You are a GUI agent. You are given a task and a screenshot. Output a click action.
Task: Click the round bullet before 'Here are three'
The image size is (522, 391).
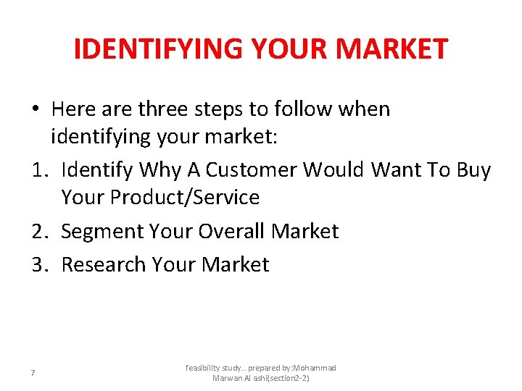pos(34,109)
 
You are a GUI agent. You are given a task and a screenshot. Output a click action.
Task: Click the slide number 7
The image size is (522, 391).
pos(33,373)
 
